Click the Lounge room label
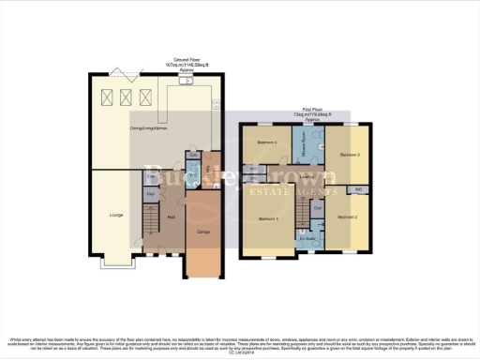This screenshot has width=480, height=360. click(117, 216)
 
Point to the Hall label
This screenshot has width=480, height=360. click(172, 217)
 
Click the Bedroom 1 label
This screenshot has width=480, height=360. click(267, 217)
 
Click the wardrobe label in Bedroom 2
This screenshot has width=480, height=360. click(360, 190)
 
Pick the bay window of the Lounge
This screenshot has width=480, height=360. click(115, 259)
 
